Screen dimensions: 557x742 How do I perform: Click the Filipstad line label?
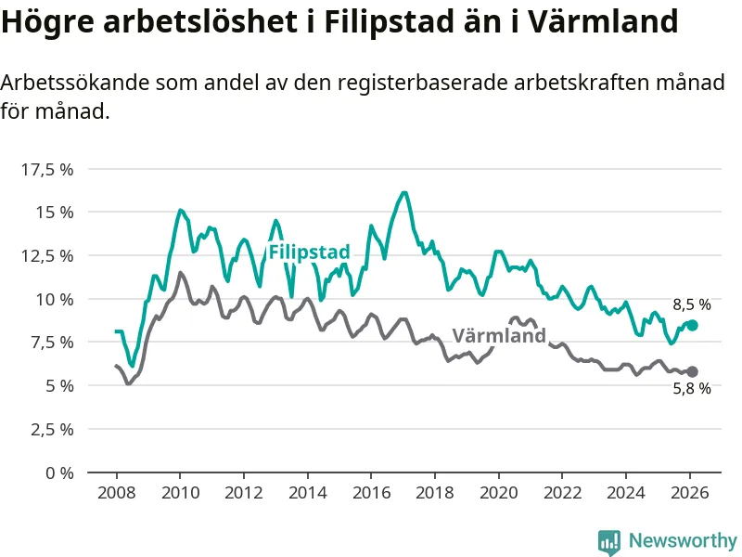pyautogui.click(x=309, y=252)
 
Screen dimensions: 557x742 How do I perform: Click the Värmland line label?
pyautogui.click(x=498, y=335)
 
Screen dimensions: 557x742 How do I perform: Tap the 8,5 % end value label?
pyautogui.click(x=692, y=304)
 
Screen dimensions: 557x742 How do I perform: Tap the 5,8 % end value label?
pyautogui.click(x=692, y=389)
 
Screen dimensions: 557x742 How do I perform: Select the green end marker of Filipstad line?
pyautogui.click(x=692, y=325)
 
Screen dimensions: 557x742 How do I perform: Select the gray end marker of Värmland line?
pyautogui.click(x=692, y=371)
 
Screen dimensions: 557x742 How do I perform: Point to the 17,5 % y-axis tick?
pyautogui.click(x=46, y=169)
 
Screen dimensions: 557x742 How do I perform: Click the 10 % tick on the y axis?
pyautogui.click(x=55, y=299)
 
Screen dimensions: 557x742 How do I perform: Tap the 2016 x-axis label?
pyautogui.click(x=371, y=492)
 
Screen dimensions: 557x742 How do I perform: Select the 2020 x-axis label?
pyautogui.click(x=498, y=492)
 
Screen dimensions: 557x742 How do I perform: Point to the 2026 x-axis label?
pyautogui.click(x=690, y=492)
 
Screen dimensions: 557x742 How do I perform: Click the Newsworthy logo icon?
pyautogui.click(x=609, y=541)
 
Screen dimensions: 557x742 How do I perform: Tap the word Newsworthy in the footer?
pyautogui.click(x=683, y=541)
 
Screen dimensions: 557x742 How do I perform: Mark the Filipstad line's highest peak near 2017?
pyautogui.click(x=404, y=192)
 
